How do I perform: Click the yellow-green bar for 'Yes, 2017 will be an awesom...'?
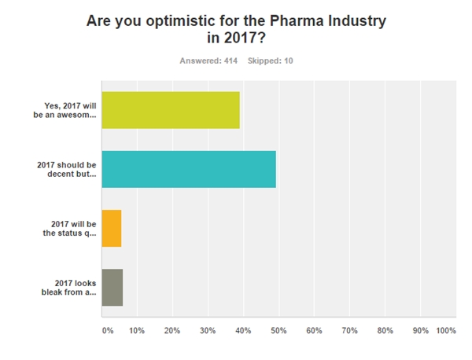[171, 109]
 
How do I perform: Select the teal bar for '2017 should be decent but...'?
[189, 168]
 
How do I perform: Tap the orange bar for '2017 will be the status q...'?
[112, 228]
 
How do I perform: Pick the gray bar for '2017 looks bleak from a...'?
[112, 287]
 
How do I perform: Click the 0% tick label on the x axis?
[108, 331]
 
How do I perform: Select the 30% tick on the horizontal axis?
[208, 331]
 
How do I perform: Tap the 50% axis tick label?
[278, 331]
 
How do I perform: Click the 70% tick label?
[349, 331]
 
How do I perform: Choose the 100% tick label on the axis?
[445, 331]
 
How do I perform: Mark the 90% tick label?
[420, 331]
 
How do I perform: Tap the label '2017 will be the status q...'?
[69, 228]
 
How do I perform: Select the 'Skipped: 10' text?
[271, 61]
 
